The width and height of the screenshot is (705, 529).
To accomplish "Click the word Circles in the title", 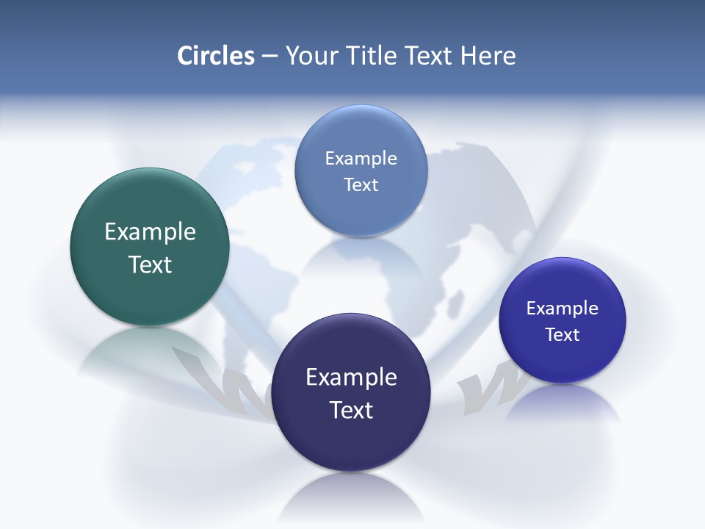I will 215,56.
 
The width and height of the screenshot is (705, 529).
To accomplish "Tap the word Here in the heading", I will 488,56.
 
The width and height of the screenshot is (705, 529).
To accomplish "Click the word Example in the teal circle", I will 150,232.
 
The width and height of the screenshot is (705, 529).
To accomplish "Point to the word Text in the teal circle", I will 150,264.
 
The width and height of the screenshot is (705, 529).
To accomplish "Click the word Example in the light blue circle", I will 361,159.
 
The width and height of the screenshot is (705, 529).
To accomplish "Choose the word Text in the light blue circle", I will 361,184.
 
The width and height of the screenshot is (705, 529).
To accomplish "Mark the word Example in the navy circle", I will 351,378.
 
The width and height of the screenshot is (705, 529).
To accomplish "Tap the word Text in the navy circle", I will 351,410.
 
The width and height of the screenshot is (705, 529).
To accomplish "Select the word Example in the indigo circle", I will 563,309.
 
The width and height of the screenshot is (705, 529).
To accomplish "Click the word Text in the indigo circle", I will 563,335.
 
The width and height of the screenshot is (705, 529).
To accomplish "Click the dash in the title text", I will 269,57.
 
